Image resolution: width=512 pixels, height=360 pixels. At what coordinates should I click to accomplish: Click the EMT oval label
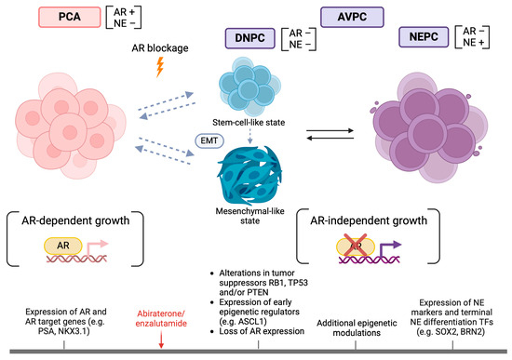tap(208, 140)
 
